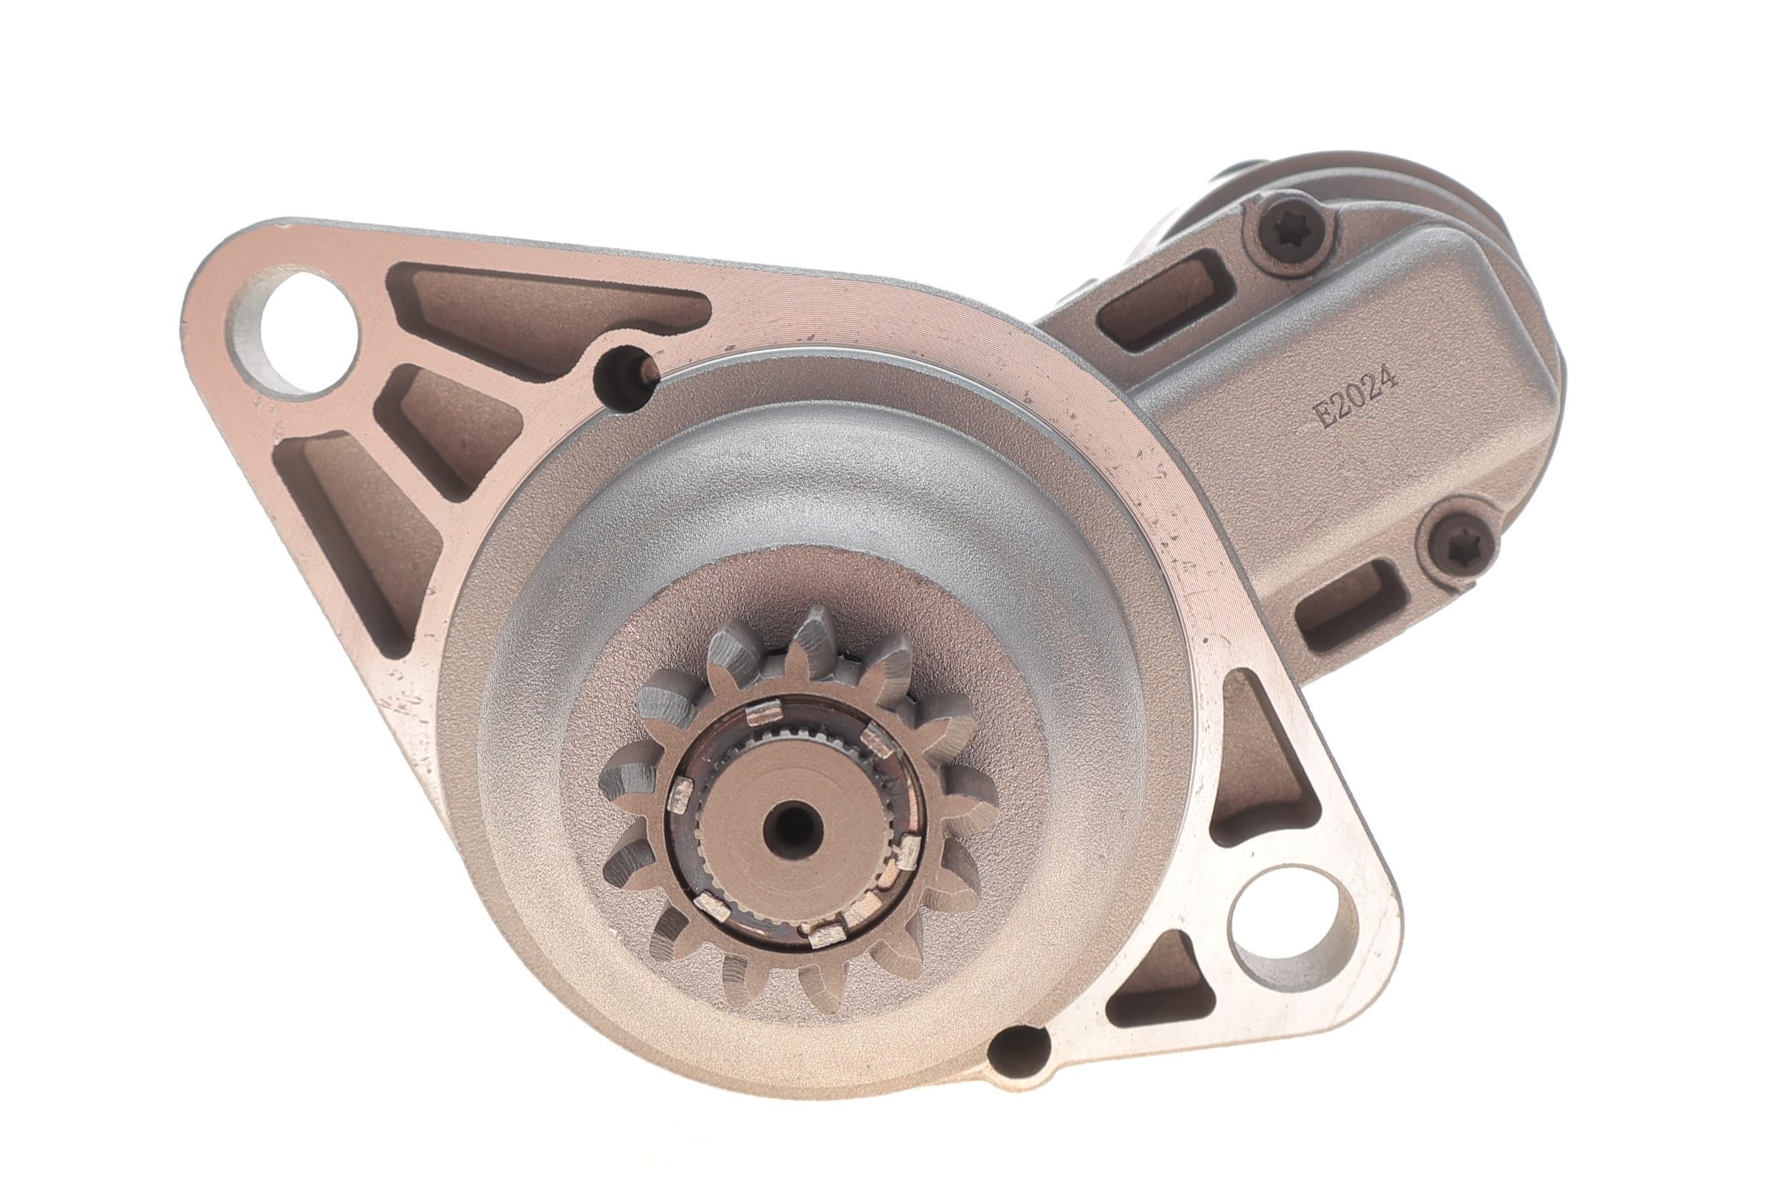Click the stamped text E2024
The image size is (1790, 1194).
click(x=1357, y=397)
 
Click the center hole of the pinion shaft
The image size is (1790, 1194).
click(x=791, y=825)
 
